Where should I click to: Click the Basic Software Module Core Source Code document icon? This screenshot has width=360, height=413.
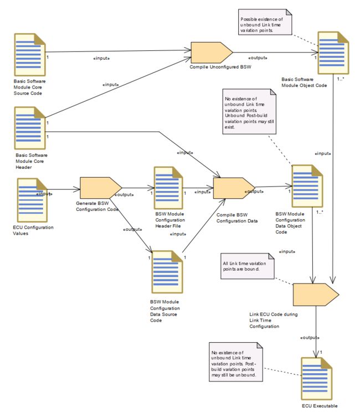pyautogui.click(x=30, y=54)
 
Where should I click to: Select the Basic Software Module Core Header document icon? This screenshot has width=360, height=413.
pyautogui.click(x=30, y=128)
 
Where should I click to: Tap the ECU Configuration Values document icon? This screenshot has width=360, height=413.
pyautogui.click(x=32, y=200)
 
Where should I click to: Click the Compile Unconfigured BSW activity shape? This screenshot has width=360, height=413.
pyautogui.click(x=212, y=53)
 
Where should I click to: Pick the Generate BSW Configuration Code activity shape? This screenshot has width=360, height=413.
pyautogui.click(x=101, y=188)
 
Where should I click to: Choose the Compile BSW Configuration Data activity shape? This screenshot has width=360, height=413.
pyautogui.click(x=234, y=188)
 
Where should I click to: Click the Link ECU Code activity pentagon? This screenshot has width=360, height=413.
pyautogui.click(x=316, y=295)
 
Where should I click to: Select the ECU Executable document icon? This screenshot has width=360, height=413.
pyautogui.click(x=316, y=379)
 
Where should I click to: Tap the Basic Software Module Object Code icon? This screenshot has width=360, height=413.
pyautogui.click(x=333, y=53)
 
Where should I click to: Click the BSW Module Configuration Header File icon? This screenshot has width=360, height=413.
pyautogui.click(x=168, y=188)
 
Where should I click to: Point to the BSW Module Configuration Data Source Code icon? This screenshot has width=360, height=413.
pyautogui.click(x=167, y=272)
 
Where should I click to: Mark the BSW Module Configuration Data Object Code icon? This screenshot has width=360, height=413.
pyautogui.click(x=307, y=186)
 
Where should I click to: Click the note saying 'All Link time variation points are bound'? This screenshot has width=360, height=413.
pyautogui.click(x=248, y=266)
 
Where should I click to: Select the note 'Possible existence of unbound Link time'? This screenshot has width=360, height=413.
pyautogui.click(x=265, y=22)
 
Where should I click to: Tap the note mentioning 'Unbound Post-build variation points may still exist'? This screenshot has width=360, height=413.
pyautogui.click(x=249, y=112)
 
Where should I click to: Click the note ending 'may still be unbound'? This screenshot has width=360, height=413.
pyautogui.click(x=236, y=362)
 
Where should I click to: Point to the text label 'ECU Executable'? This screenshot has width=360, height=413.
pyautogui.click(x=320, y=406)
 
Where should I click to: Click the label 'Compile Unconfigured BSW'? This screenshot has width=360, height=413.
pyautogui.click(x=220, y=67)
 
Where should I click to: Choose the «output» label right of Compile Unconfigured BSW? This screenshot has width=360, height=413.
pyautogui.click(x=258, y=58)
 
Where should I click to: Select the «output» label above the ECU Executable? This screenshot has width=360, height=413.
pyautogui.click(x=310, y=337)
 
